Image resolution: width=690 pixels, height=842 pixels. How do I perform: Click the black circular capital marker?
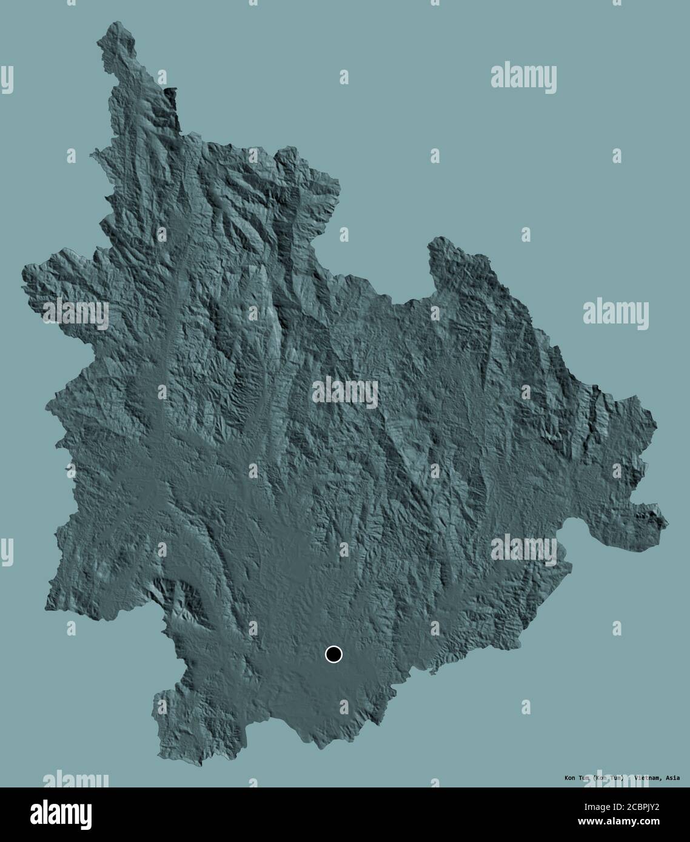[x=333, y=654]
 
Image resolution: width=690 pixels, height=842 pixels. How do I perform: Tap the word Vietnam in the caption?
[x=646, y=778]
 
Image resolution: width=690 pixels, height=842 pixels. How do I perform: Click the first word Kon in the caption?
[x=570, y=778]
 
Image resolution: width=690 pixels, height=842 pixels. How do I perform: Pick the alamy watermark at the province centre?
[x=344, y=392]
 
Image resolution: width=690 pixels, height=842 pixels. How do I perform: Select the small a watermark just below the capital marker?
[x=344, y=706]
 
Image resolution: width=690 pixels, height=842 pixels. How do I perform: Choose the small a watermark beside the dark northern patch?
[x=162, y=77]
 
